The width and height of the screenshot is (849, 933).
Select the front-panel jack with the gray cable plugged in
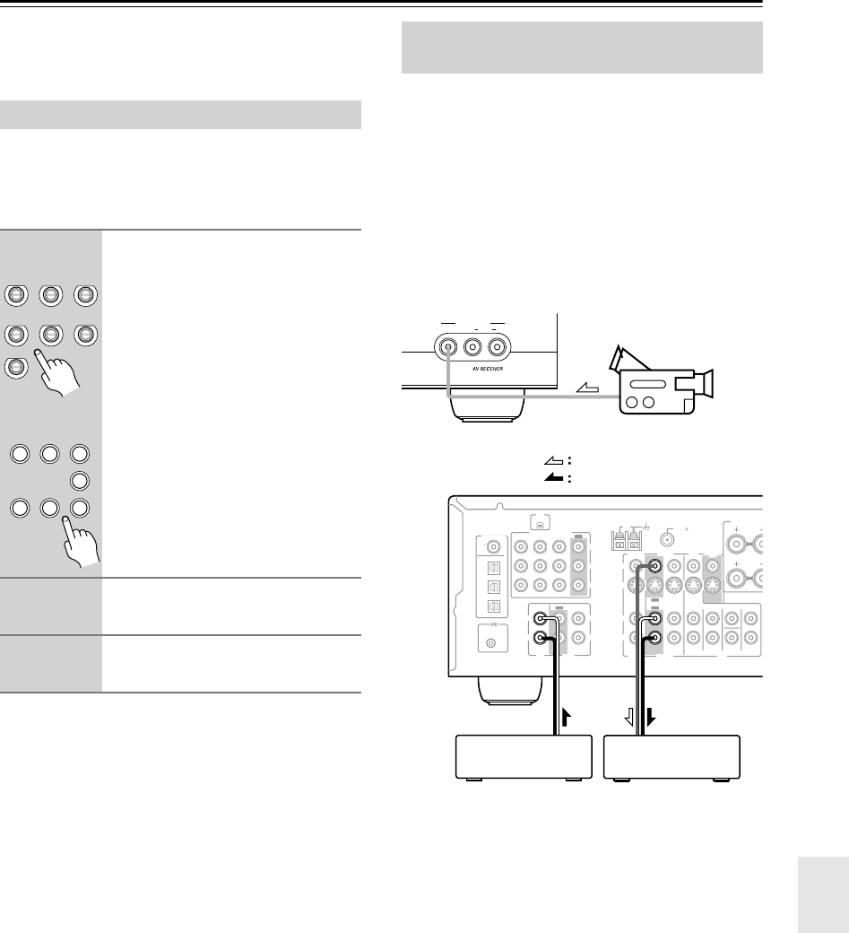pos(446,344)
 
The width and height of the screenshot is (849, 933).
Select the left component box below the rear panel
pos(524,756)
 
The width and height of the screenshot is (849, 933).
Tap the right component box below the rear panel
pos(672,756)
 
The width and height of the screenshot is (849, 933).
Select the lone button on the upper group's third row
pos(14,368)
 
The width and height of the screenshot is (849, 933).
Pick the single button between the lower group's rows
pos(82,479)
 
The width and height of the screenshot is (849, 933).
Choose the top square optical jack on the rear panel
pos(492,566)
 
